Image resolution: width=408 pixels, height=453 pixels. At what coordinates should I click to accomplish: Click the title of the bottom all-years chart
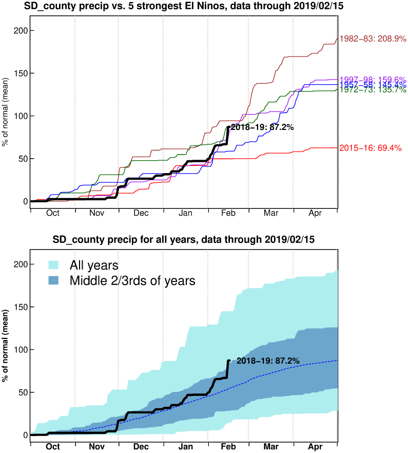click(x=183, y=240)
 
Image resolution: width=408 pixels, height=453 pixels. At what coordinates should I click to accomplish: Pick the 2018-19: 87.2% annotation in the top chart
click(x=262, y=127)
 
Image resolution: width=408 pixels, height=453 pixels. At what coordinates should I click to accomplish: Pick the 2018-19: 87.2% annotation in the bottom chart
click(x=268, y=361)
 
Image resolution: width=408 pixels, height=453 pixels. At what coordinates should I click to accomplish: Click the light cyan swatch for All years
click(x=54, y=266)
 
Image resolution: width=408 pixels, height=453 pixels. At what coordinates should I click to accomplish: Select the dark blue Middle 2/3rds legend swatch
click(x=54, y=281)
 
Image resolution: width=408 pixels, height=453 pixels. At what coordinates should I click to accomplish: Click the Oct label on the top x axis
click(x=53, y=214)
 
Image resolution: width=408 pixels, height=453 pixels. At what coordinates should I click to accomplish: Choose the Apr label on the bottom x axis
click(x=315, y=447)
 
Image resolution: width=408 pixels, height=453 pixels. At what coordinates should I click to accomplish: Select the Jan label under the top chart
click(x=186, y=214)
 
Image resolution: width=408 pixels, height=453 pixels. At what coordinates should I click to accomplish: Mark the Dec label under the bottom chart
click(x=141, y=447)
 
